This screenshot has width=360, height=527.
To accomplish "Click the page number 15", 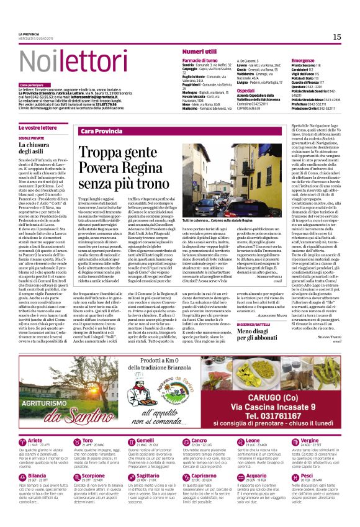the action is tap(337, 37).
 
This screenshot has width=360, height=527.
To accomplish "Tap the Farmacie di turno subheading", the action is tap(200, 60).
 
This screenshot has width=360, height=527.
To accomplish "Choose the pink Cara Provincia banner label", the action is tap(101, 132).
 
